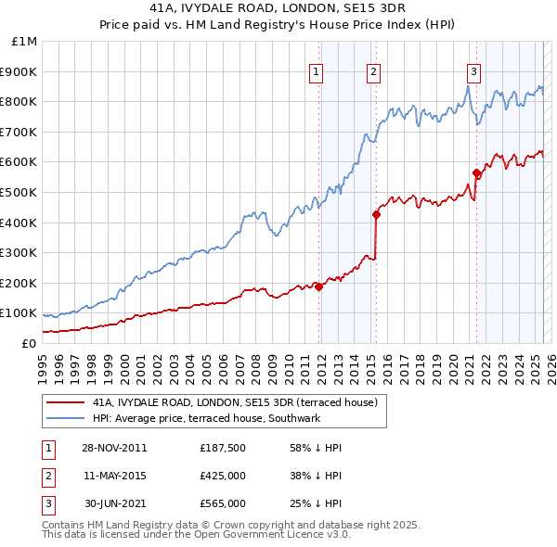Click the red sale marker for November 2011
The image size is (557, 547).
coord(318,286)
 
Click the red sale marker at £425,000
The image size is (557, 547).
coord(376,214)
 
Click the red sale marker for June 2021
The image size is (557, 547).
coord(476,172)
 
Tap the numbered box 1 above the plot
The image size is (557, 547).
coord(317,71)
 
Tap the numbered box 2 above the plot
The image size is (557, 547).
coord(373,71)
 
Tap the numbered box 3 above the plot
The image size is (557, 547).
coord(473,71)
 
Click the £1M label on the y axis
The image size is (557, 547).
coord(25,41)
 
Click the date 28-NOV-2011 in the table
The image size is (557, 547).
coord(115,447)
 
